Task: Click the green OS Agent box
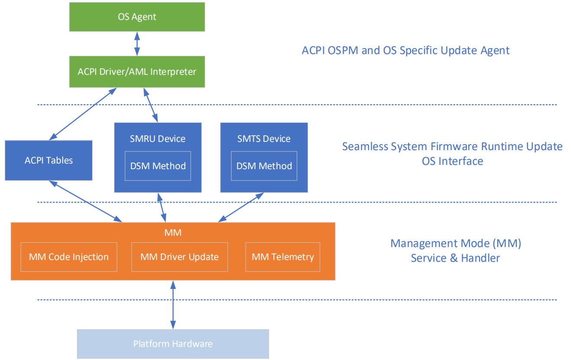[137, 17]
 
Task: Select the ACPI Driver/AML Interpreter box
[137, 72]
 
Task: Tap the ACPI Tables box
[49, 161]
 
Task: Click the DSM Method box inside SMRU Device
[158, 166]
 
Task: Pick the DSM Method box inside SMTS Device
[264, 166]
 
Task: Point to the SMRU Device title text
[157, 139]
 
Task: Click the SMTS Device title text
[264, 139]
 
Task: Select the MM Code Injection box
[69, 257]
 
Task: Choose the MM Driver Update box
[180, 257]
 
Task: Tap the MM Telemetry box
[283, 257]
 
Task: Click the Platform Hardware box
[173, 344]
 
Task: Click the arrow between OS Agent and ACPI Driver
[137, 44]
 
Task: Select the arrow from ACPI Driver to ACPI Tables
[83, 114]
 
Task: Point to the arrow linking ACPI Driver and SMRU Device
[151, 105]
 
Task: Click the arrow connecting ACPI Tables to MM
[85, 201]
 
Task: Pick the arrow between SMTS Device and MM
[241, 208]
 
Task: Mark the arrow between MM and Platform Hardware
[173, 305]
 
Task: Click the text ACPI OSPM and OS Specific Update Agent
[406, 51]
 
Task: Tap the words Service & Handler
[455, 258]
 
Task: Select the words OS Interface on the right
[452, 161]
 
